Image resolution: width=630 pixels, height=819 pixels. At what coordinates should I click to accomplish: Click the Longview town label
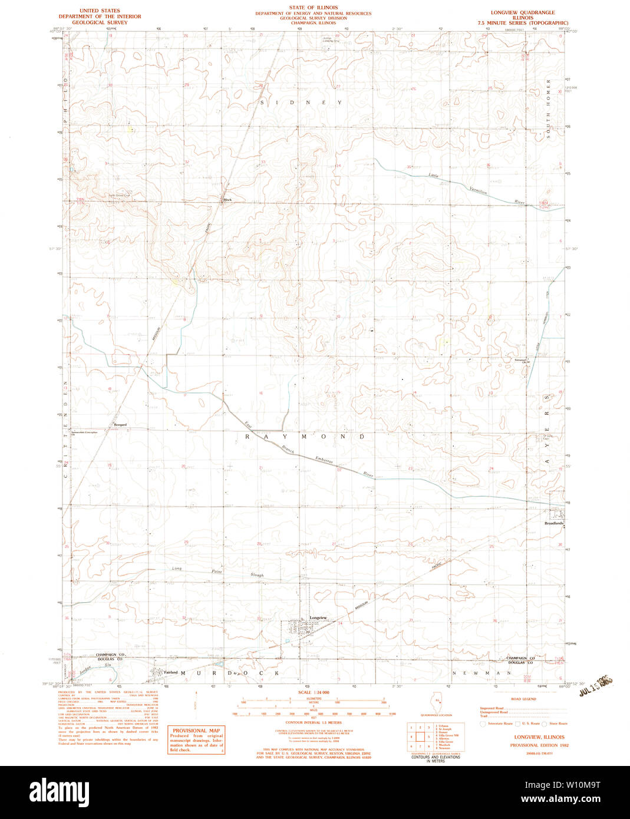318,617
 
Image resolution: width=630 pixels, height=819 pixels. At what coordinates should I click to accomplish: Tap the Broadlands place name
554,523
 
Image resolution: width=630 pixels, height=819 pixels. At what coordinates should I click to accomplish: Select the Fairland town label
171,672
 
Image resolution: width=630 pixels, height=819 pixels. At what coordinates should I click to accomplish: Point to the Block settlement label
227,200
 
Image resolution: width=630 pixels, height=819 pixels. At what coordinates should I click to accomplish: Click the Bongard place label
120,424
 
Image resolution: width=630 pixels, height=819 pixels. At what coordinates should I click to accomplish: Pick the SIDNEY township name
301,103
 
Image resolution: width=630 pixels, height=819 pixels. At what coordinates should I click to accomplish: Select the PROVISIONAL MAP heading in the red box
196,731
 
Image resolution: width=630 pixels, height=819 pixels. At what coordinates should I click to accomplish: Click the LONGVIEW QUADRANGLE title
523,12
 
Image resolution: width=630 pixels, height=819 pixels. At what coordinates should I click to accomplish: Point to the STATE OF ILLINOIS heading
313,8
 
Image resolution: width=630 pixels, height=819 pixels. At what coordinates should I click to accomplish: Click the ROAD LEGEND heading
524,699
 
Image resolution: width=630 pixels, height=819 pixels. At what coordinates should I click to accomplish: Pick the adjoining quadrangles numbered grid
419,737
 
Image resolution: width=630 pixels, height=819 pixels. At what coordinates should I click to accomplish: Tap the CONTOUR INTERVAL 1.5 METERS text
314,722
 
